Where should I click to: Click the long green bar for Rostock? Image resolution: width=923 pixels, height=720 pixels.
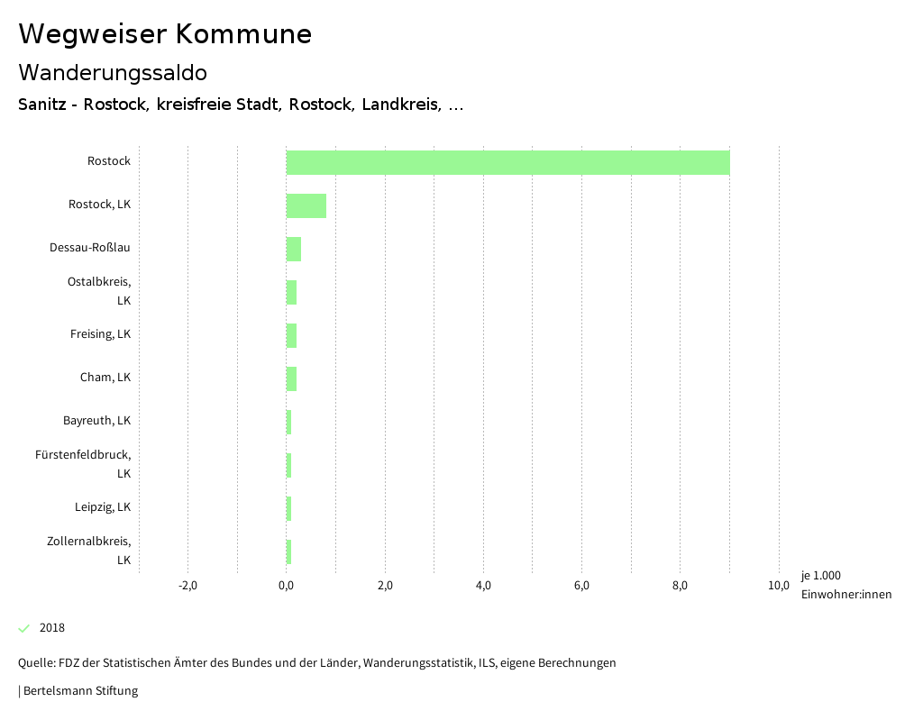(x=507, y=162)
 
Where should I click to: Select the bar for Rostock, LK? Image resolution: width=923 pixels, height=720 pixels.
(x=306, y=205)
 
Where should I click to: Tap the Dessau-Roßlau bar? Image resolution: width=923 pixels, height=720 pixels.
(x=293, y=249)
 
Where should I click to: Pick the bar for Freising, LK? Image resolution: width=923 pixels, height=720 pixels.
(x=291, y=335)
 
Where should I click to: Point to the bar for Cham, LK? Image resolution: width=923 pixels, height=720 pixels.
(x=291, y=378)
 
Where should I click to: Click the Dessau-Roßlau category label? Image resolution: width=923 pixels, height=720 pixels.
(x=90, y=248)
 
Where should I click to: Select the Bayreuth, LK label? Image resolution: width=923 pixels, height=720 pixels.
(x=96, y=421)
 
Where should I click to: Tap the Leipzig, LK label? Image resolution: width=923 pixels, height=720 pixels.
(x=103, y=507)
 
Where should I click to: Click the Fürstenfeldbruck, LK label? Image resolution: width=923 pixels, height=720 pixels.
(x=83, y=463)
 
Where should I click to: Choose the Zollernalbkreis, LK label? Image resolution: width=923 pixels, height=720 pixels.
(x=88, y=550)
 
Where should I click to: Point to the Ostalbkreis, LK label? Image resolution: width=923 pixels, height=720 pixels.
(x=99, y=290)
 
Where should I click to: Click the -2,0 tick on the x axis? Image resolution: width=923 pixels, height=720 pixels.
(x=187, y=587)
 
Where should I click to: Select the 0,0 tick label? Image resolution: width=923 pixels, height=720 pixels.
(x=287, y=587)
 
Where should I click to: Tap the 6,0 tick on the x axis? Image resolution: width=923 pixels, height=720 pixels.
(x=581, y=587)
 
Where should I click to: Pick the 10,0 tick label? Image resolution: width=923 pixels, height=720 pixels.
(x=778, y=587)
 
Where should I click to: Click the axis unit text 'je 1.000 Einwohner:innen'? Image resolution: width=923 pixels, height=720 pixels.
(x=845, y=585)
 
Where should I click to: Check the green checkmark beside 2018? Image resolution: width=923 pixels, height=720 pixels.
(x=24, y=628)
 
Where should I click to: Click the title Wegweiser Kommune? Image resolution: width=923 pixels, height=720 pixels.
(x=165, y=34)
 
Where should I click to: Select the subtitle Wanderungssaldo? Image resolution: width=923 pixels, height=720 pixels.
(x=113, y=72)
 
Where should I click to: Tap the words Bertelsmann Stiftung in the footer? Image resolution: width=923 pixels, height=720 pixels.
(x=80, y=691)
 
